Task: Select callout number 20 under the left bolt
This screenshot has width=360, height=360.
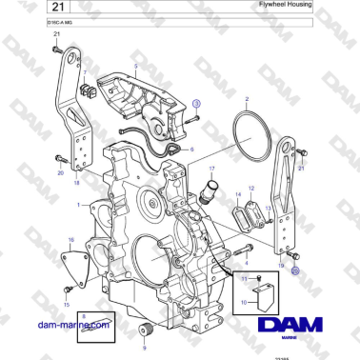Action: click(60, 173)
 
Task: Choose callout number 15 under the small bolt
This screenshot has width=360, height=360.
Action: click(66, 304)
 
